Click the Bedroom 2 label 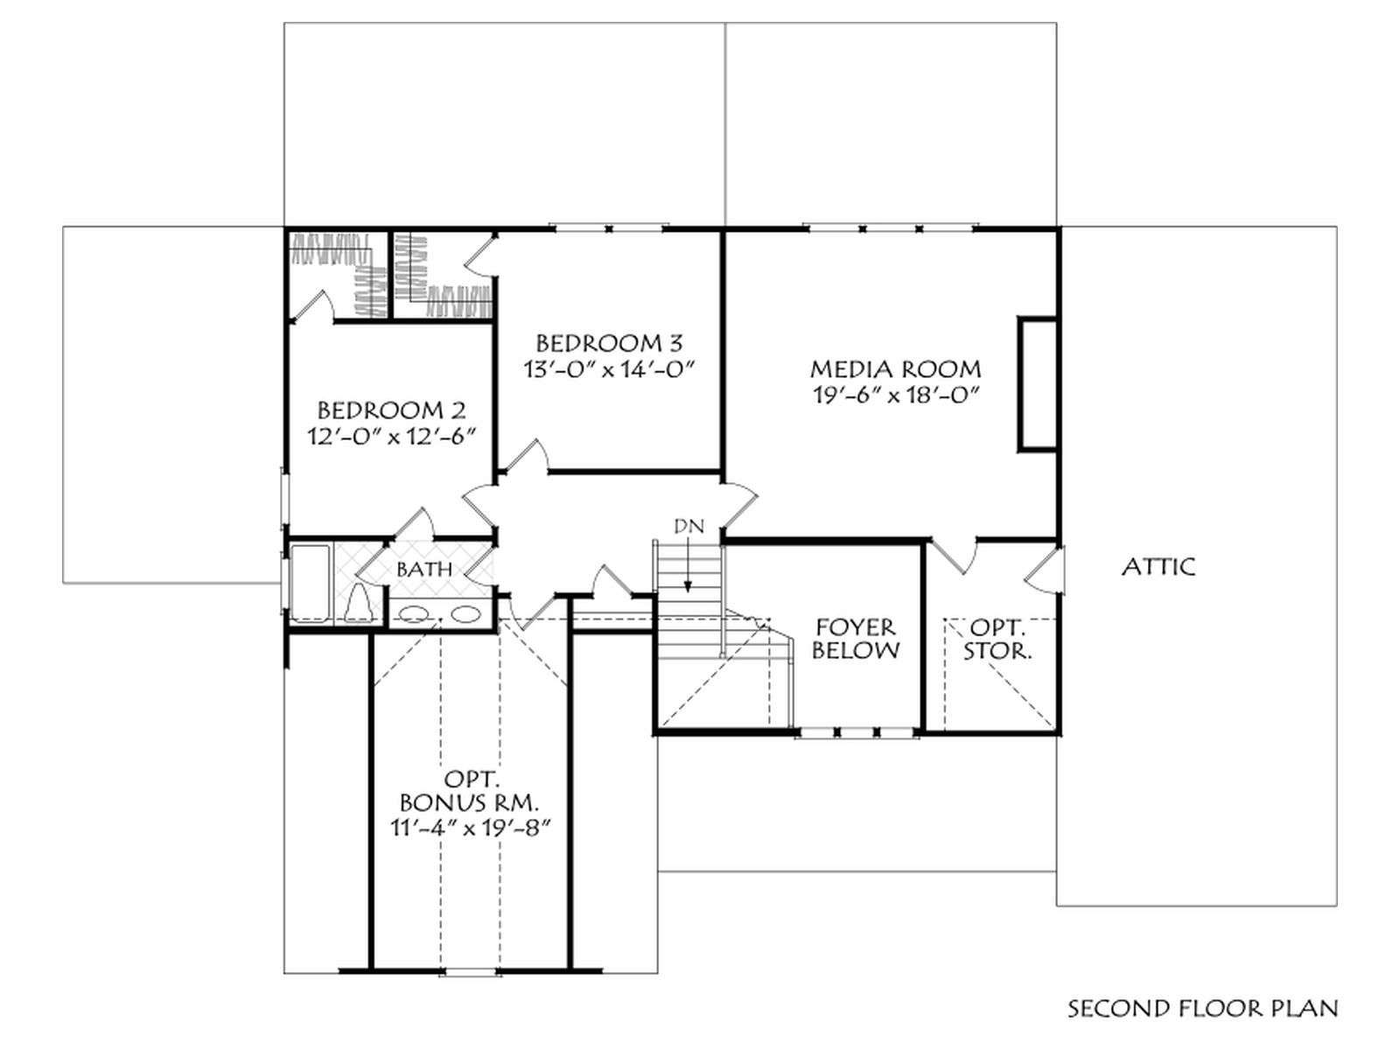(x=391, y=409)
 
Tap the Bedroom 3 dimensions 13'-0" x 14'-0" (x=608, y=369)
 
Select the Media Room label (x=895, y=369)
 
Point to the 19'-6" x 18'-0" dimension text (x=895, y=395)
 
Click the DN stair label (x=689, y=526)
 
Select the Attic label (x=1158, y=566)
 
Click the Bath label (x=424, y=570)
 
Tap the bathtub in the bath (x=310, y=583)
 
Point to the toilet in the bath (x=359, y=603)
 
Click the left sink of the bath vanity (x=413, y=614)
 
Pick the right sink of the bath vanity (x=465, y=614)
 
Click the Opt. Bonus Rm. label (x=470, y=789)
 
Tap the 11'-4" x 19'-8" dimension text (x=470, y=828)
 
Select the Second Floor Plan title (x=1202, y=1025)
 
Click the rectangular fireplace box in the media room (x=1038, y=384)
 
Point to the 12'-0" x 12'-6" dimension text (x=391, y=437)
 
